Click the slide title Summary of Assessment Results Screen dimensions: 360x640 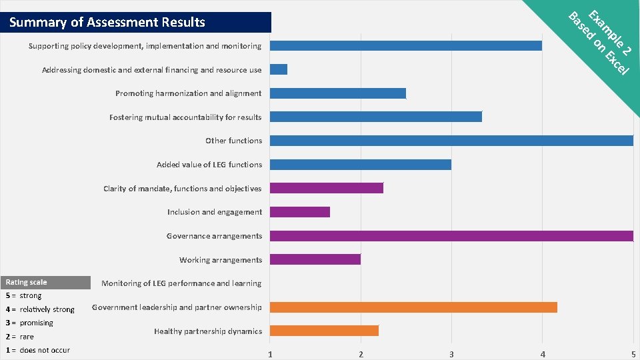(108, 22)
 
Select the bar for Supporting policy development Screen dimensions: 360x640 (405, 45)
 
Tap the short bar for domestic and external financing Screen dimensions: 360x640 (279, 69)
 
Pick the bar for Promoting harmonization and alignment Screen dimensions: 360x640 (337, 93)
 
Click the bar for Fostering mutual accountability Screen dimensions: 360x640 (375, 117)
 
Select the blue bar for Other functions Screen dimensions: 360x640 (451, 141)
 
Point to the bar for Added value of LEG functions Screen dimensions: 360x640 (360, 165)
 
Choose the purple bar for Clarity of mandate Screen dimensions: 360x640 (326, 188)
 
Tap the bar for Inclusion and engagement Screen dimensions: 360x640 (299, 212)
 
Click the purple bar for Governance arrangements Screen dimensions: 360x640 (451, 236)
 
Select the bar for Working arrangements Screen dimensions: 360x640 (315, 259)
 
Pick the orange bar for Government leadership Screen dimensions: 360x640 (413, 307)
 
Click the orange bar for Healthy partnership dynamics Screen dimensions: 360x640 (324, 331)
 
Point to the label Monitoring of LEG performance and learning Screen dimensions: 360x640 (181, 283)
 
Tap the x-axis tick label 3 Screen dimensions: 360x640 (451, 354)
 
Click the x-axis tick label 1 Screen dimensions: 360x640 (270, 354)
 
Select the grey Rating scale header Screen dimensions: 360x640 (45, 283)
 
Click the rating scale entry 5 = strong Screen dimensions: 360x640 (24, 295)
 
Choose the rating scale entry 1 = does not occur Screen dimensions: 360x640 (38, 350)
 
